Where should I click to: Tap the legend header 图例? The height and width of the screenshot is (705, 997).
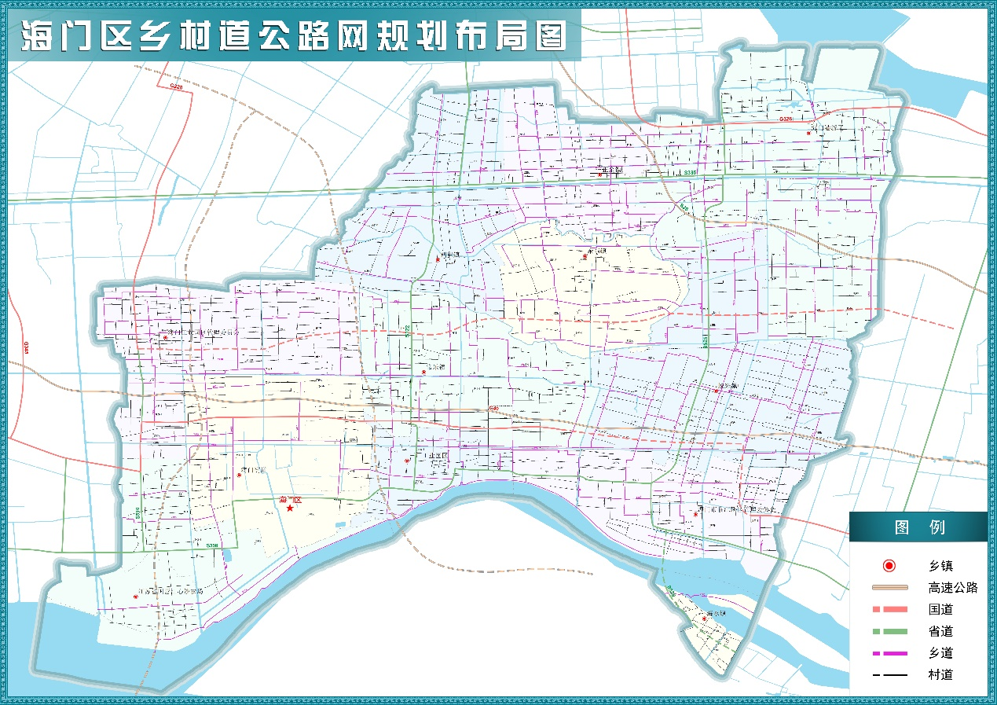click(x=918, y=527)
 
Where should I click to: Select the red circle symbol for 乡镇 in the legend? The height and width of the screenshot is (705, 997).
click(x=889, y=566)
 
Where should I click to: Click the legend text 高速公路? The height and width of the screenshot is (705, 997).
click(x=952, y=588)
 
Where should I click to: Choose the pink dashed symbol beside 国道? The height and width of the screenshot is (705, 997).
click(x=889, y=609)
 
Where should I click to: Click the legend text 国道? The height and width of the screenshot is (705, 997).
click(x=940, y=609)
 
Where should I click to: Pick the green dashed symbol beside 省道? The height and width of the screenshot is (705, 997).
click(x=889, y=631)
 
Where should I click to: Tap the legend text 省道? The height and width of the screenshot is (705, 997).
click(x=940, y=631)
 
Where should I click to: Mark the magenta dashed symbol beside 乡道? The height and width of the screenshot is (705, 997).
click(x=889, y=653)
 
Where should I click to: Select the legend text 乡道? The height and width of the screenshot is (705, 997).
click(x=940, y=653)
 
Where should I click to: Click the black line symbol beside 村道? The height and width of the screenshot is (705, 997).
click(x=889, y=674)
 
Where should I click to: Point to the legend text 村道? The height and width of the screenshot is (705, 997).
click(x=940, y=674)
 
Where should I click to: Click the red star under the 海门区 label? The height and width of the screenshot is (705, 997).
click(x=290, y=509)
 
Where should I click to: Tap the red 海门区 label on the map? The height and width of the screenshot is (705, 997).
click(x=291, y=500)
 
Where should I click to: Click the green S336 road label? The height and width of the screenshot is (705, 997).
click(x=690, y=172)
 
